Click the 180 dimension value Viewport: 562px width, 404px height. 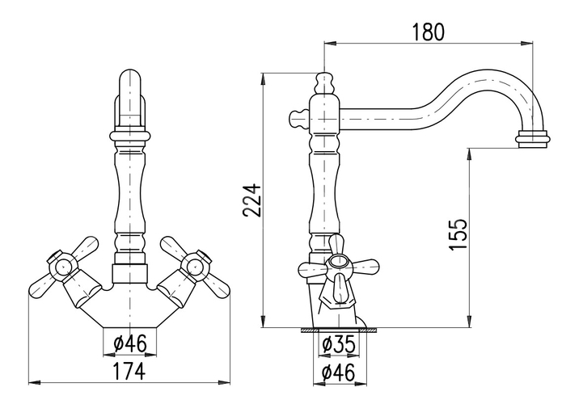428,32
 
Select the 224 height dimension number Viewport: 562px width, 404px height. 251,200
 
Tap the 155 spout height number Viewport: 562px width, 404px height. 458,234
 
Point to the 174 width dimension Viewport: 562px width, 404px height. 129,371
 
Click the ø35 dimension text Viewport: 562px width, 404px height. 339,344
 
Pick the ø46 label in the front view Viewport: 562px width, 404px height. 129,343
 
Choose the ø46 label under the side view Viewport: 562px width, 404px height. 339,372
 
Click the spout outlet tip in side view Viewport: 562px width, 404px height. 531,139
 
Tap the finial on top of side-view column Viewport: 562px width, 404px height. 324,83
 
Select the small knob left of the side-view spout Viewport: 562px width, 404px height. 298,119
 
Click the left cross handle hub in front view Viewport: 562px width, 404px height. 63,266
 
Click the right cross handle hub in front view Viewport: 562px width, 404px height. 196,266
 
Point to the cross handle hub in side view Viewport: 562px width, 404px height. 338,262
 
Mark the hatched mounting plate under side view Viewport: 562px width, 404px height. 339,330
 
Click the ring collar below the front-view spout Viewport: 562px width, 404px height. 129,136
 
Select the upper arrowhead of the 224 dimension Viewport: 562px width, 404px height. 264,79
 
